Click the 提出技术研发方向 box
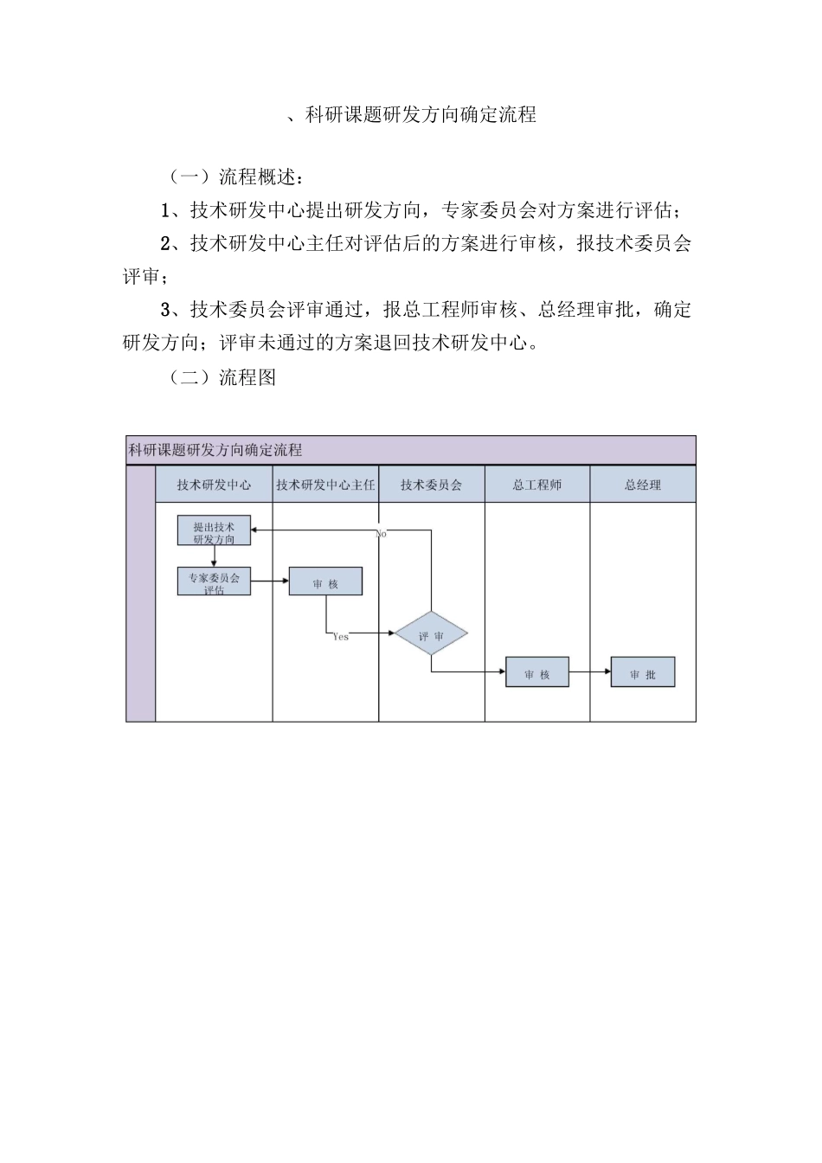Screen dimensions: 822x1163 coord(214,531)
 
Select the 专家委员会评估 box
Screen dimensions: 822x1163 coord(214,581)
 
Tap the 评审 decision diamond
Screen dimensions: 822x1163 coord(432,636)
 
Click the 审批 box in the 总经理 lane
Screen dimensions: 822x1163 coord(643,673)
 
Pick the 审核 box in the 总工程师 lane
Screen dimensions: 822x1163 coord(537,673)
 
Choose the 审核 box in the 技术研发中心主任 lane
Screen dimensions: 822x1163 coord(325,582)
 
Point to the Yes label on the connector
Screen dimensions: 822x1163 coord(341,637)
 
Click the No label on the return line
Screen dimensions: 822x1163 coord(381,535)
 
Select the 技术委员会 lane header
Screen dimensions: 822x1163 coord(432,485)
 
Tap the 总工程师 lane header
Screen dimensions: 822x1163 coord(537,485)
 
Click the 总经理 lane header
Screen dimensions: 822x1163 coord(643,485)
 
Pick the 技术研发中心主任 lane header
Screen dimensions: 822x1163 coord(325,485)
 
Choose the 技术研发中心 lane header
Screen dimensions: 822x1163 coord(214,485)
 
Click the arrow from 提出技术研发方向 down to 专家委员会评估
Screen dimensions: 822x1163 coord(214,556)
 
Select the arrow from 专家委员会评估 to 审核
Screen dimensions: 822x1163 coord(270,581)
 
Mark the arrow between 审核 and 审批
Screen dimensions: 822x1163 coord(590,672)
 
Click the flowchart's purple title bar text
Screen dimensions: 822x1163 coord(215,450)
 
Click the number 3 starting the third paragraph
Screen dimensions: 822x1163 coord(166,310)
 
